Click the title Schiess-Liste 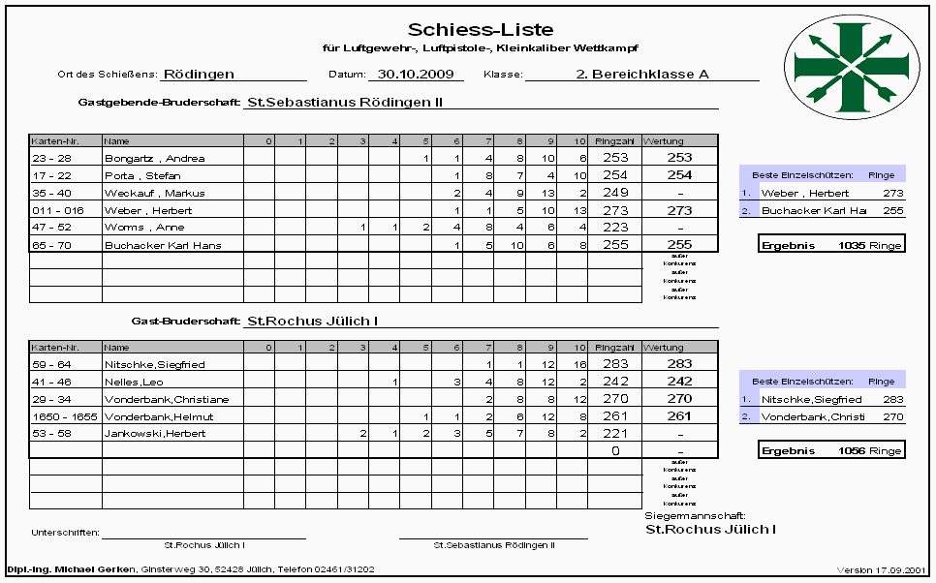pyautogui.click(x=481, y=29)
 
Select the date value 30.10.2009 pyautogui.click(x=415, y=74)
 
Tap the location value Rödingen pyautogui.click(x=199, y=74)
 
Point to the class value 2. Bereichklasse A pyautogui.click(x=642, y=74)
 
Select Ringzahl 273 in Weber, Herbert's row pyautogui.click(x=615, y=210)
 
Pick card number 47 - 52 pyautogui.click(x=52, y=228)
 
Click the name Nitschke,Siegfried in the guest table pyautogui.click(x=147, y=364)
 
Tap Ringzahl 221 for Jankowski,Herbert pyautogui.click(x=615, y=434)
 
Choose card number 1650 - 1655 pyautogui.click(x=60, y=416)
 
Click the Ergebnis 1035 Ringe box pyautogui.click(x=831, y=245)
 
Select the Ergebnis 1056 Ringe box pyautogui.click(x=831, y=451)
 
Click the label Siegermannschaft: pyautogui.click(x=695, y=517)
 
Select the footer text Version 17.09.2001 pyautogui.click(x=879, y=570)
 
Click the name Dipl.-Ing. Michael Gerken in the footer pyautogui.click(x=72, y=570)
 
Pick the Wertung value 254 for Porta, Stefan pyautogui.click(x=679, y=175)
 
